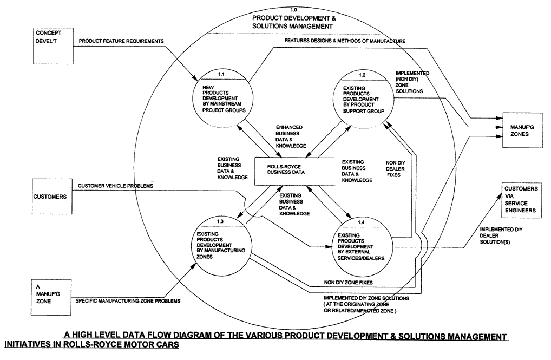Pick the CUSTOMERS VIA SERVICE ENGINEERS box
pyautogui.click(x=522, y=200)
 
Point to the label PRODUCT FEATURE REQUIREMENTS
pyautogui.click(x=121, y=41)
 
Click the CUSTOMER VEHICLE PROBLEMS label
pyautogui.click(x=115, y=186)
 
